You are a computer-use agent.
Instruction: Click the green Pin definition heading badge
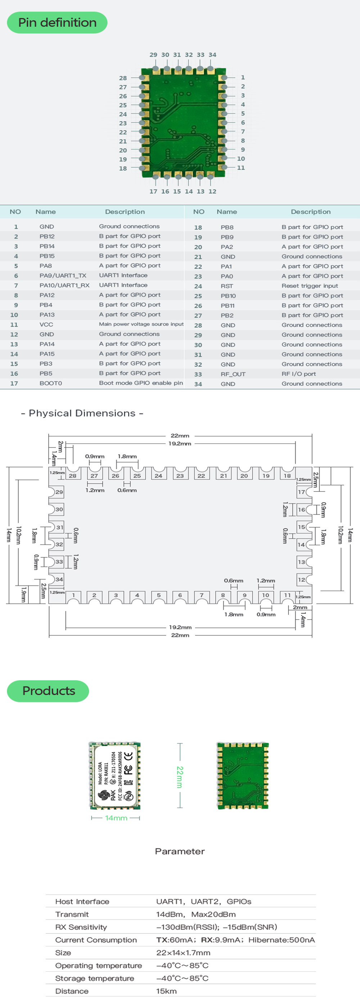click(57, 23)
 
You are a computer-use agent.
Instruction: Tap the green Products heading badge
click(48, 690)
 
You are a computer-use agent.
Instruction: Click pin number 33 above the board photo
click(201, 55)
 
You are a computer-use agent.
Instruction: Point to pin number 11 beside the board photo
click(240, 167)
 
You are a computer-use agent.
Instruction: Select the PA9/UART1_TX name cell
click(63, 275)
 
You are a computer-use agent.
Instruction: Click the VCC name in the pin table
click(46, 324)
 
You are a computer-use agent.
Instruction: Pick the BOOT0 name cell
click(50, 383)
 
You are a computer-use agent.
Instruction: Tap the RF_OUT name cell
click(233, 374)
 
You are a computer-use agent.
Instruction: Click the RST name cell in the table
click(226, 286)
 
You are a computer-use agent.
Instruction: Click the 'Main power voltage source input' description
click(141, 324)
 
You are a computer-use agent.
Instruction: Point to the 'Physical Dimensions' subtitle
click(82, 413)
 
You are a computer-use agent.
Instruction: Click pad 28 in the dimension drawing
click(73, 476)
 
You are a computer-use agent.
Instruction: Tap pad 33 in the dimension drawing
click(59, 562)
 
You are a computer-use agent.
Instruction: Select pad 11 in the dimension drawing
click(287, 595)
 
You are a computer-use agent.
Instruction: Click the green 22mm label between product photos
click(180, 777)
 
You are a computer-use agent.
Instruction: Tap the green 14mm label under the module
click(116, 818)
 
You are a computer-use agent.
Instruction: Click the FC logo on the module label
click(128, 769)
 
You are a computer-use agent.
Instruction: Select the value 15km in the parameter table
click(166, 991)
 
